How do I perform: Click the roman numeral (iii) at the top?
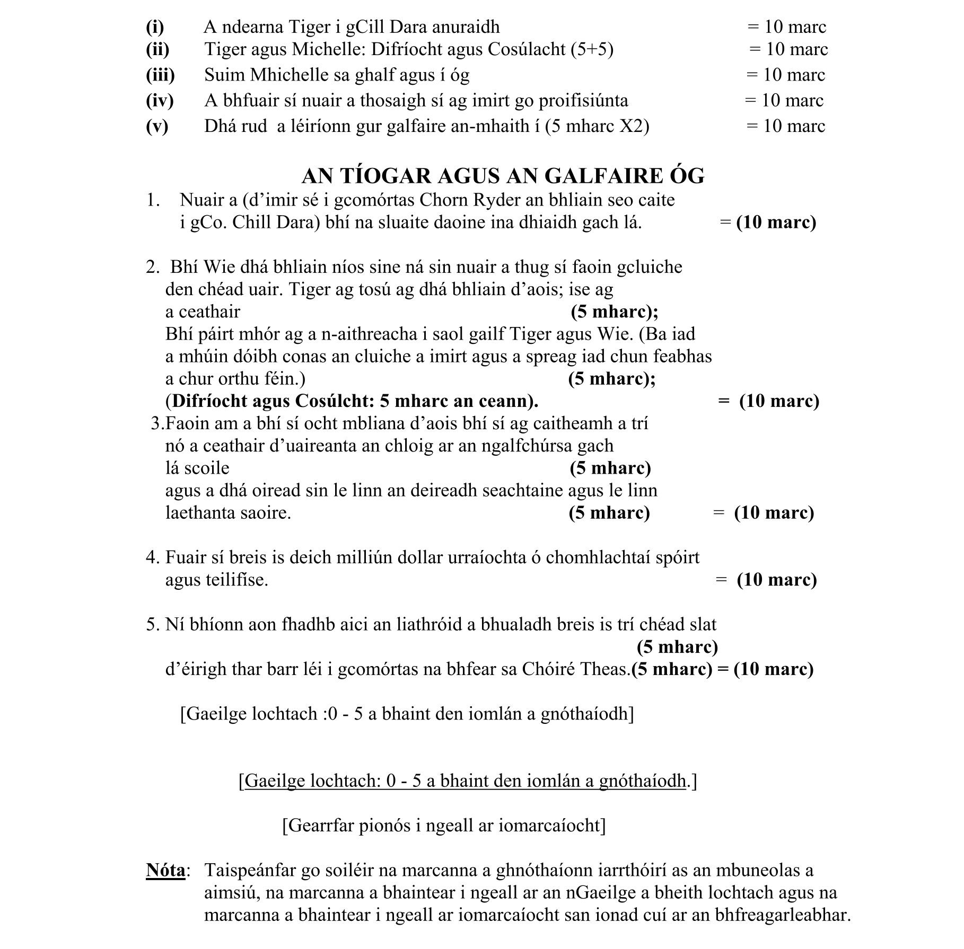pos(160,75)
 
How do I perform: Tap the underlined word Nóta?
pos(165,870)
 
